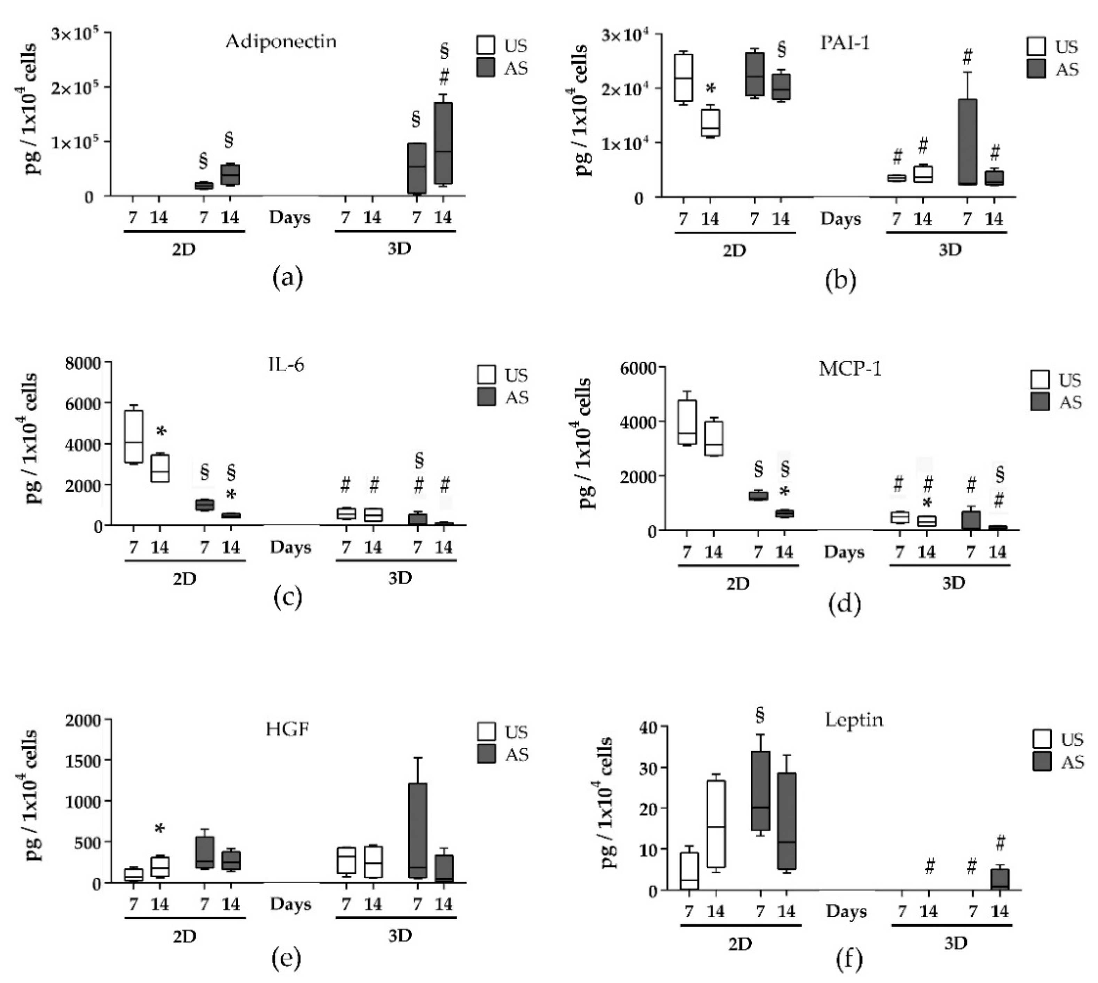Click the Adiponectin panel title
click(281, 42)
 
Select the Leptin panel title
click(854, 720)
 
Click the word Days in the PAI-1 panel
click(840, 219)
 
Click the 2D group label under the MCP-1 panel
click(738, 584)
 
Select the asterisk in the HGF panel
click(159, 829)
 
